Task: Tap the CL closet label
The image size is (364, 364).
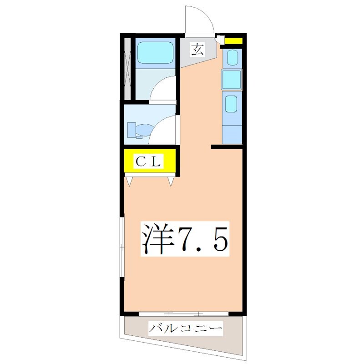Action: click(x=148, y=161)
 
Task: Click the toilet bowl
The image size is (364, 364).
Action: click(x=141, y=131)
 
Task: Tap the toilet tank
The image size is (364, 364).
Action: click(x=131, y=129)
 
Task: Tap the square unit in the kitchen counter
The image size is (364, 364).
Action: click(x=232, y=79)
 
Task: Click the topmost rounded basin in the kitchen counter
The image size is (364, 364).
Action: click(x=232, y=57)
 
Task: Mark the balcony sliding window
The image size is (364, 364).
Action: click(x=183, y=313)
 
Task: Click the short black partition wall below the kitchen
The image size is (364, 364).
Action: click(x=226, y=147)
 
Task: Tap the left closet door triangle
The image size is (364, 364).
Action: click(x=130, y=181)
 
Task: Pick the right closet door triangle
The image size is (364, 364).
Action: click(x=171, y=181)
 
